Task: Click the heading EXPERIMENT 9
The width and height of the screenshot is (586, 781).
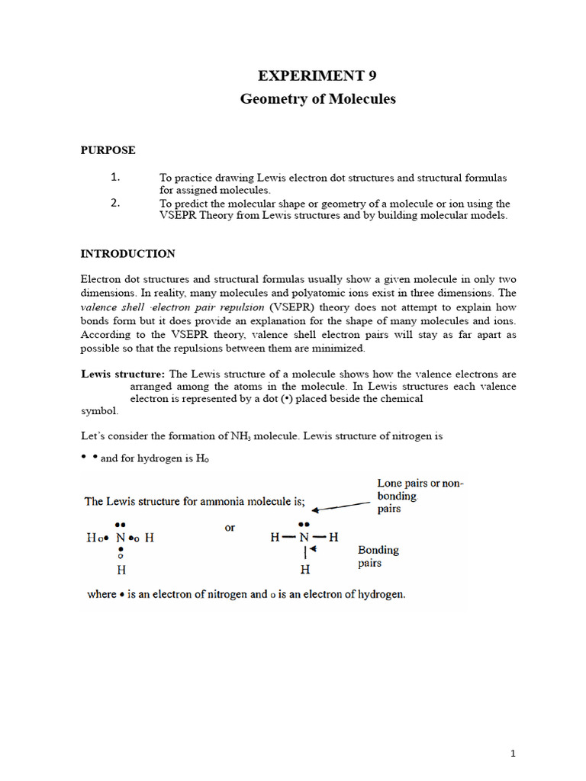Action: [x=317, y=76]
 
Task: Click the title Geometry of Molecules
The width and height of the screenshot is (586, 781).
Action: [x=317, y=99]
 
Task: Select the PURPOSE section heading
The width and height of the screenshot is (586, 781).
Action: [x=108, y=150]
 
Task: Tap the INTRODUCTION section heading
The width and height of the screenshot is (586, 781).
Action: [x=128, y=254]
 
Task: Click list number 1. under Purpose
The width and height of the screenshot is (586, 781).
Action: [x=116, y=177]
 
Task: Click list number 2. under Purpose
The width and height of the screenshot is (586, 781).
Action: [x=116, y=203]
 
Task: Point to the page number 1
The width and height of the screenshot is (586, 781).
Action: [x=514, y=754]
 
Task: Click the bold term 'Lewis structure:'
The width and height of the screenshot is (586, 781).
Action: [x=123, y=374]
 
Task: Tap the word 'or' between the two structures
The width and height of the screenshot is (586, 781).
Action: [x=230, y=527]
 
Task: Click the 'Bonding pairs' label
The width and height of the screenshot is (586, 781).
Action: [x=378, y=556]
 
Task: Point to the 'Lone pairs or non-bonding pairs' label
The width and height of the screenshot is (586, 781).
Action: [x=420, y=496]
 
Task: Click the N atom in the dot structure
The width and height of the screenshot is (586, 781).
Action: [x=121, y=538]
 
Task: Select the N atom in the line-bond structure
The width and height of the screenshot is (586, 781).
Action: [x=304, y=538]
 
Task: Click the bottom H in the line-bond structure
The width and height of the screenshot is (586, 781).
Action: [x=304, y=570]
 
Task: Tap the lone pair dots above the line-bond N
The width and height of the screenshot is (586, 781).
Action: [x=304, y=525]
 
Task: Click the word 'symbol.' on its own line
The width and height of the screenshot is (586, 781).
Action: [x=100, y=410]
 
